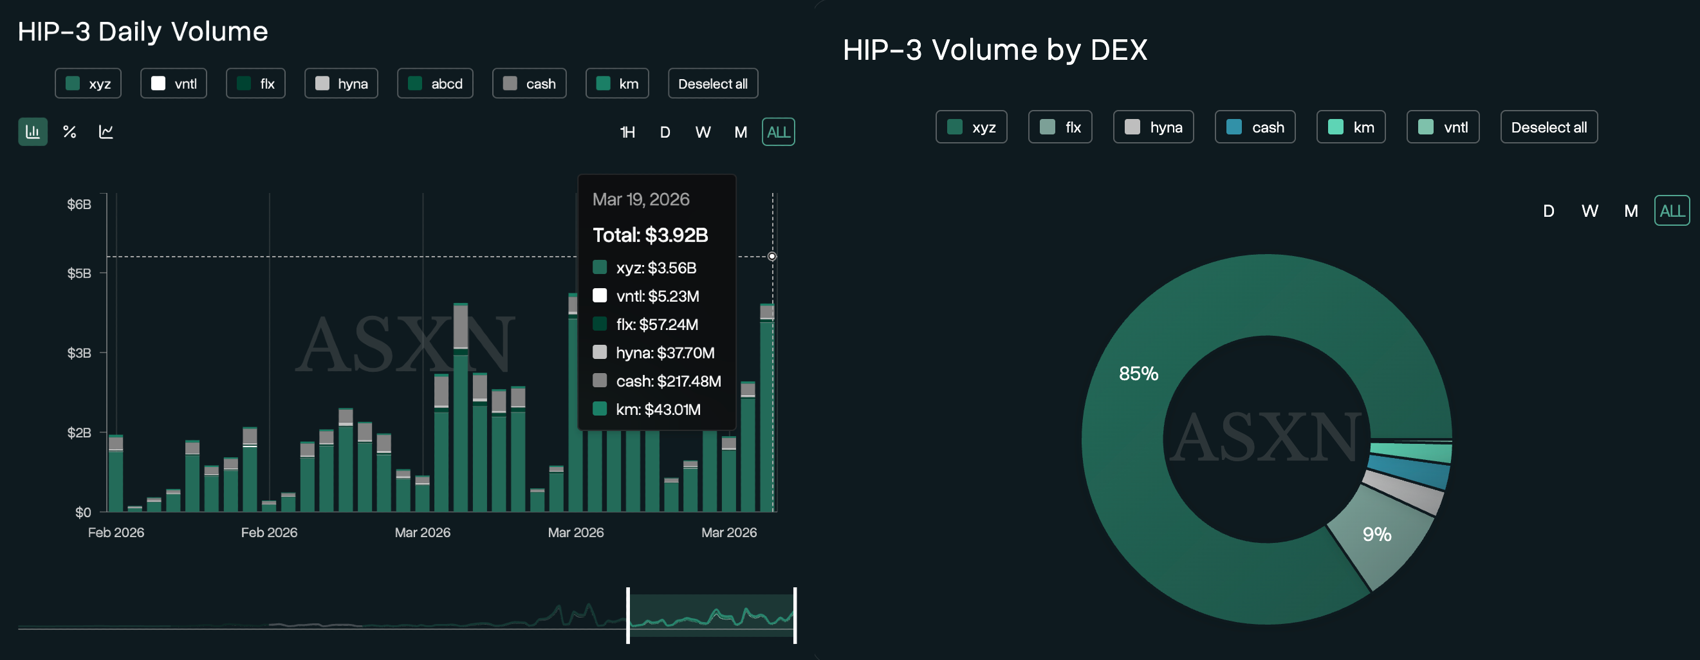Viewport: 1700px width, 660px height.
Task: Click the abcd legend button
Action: [435, 84]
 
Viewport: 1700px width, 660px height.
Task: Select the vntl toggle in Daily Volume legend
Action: [174, 84]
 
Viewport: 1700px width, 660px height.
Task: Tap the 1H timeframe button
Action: [627, 133]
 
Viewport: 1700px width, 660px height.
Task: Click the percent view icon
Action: [69, 132]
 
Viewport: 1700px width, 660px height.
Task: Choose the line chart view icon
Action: [106, 132]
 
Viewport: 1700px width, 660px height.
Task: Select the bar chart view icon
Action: [32, 132]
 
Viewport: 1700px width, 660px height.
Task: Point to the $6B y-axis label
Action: [79, 205]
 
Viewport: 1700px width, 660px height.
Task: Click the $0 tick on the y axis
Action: [83, 513]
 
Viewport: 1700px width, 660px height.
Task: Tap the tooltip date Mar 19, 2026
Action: [641, 199]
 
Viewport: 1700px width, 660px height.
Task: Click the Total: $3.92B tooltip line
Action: [650, 235]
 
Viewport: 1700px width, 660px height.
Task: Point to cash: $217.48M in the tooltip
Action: [668, 381]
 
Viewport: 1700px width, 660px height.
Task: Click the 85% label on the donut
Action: [1138, 374]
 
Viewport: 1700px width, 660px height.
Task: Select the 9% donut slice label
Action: [1376, 535]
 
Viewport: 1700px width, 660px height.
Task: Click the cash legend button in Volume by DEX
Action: [1255, 127]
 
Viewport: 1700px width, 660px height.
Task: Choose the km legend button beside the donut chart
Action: [1350, 127]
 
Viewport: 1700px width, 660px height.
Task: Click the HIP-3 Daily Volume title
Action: [143, 32]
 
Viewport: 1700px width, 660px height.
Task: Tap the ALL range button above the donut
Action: [1672, 211]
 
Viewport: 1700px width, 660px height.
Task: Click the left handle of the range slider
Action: [627, 616]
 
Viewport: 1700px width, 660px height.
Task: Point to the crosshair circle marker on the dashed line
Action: [772, 256]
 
